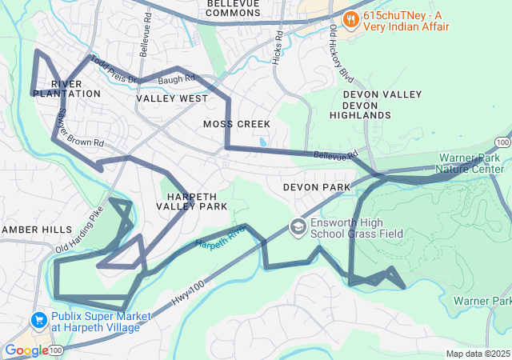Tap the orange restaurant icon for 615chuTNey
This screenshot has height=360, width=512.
tap(349, 18)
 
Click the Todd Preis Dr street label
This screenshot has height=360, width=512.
tap(114, 69)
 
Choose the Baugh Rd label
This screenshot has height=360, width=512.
tap(177, 79)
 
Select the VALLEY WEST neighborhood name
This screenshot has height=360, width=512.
tap(171, 98)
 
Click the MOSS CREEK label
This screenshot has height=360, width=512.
tap(236, 124)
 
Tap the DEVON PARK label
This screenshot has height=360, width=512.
tap(317, 187)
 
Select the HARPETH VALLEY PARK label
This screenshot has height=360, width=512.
tap(191, 202)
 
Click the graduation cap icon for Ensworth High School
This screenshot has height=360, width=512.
tap(298, 228)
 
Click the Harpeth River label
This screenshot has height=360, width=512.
tap(219, 238)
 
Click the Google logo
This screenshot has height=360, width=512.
tap(26, 350)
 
